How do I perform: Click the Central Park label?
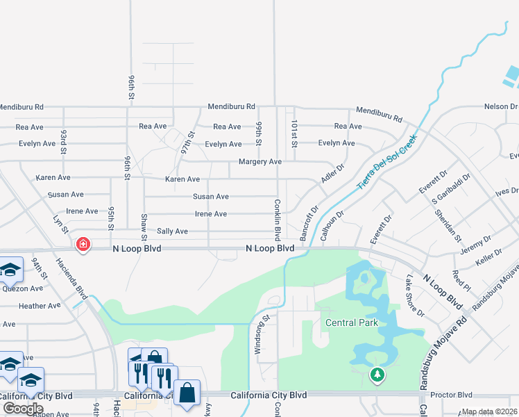coord(352,322)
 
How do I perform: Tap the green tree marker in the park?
coord(377,376)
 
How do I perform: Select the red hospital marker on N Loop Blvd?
coord(83,245)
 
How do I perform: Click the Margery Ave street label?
coord(259,161)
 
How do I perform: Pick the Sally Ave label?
coord(172,231)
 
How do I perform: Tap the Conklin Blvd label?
coord(276,215)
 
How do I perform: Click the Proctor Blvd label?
coord(451,395)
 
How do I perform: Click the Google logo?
coord(23,408)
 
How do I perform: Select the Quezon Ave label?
coord(22,288)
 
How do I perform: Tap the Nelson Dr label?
coord(500,106)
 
